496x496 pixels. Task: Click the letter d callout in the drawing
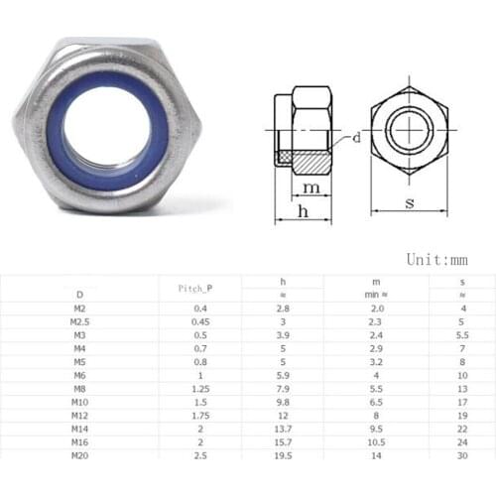tap(356, 138)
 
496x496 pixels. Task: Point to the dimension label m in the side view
tap(311, 187)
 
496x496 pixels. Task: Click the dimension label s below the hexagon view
tap(410, 203)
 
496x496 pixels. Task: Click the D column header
tap(80, 295)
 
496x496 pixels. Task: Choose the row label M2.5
tap(80, 321)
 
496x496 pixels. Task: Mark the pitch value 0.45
tap(202, 321)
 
